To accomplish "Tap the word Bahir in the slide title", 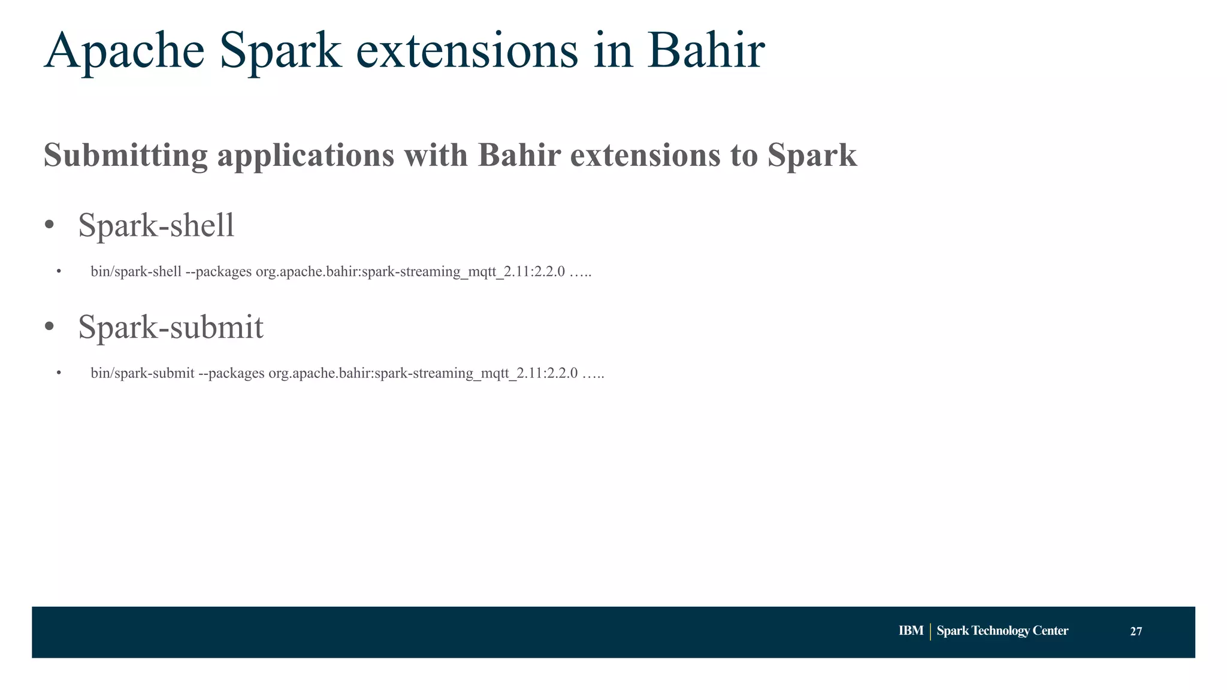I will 705,52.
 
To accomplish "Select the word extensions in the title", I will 467,52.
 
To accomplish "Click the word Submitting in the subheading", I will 125,156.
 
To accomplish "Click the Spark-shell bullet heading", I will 156,226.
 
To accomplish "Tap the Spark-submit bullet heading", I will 171,328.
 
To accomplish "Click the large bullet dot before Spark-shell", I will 49,225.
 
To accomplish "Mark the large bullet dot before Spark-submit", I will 49,327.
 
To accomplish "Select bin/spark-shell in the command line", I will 136,272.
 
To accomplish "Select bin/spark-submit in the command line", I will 142,374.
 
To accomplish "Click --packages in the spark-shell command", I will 219,272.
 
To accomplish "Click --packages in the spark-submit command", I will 231,374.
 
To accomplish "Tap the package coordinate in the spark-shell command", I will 410,272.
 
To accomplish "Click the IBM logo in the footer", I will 911,631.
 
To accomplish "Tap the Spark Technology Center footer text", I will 1002,631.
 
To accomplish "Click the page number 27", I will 1136,631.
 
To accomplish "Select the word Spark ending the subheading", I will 812,156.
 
